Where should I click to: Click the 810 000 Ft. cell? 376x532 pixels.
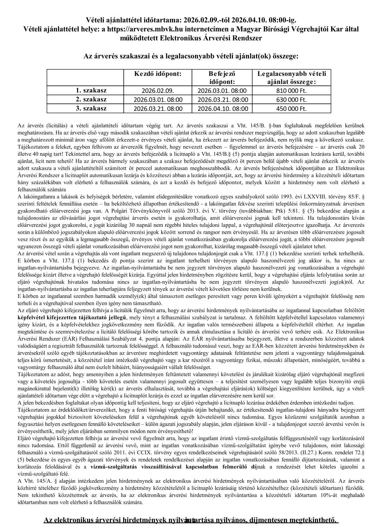(x=291, y=91)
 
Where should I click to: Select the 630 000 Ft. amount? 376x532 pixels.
(x=291, y=100)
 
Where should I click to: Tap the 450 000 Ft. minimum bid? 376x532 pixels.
(x=291, y=109)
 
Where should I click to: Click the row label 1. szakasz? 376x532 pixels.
(x=91, y=90)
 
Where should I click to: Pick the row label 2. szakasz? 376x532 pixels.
(x=91, y=100)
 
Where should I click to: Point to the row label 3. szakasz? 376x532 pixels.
(x=91, y=108)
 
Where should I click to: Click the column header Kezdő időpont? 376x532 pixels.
(x=158, y=74)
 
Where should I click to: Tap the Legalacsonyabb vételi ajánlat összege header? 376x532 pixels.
(x=291, y=78)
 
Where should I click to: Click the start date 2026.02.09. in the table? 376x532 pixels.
(x=158, y=91)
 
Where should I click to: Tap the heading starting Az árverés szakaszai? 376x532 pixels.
(x=191, y=57)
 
